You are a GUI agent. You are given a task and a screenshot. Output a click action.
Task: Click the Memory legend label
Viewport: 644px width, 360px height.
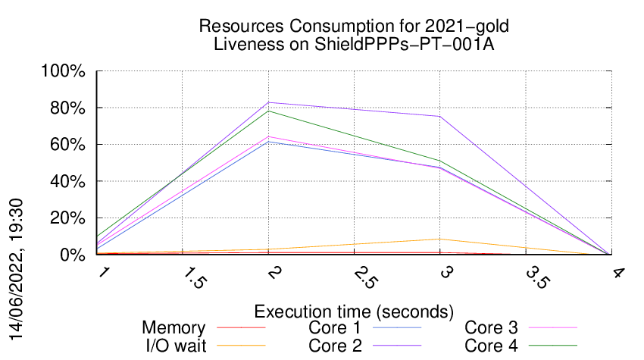(x=174, y=328)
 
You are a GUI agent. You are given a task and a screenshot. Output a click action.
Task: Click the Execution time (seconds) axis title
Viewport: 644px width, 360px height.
(x=354, y=311)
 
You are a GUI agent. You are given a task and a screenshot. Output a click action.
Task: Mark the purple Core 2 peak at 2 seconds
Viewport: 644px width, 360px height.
(x=268, y=102)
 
